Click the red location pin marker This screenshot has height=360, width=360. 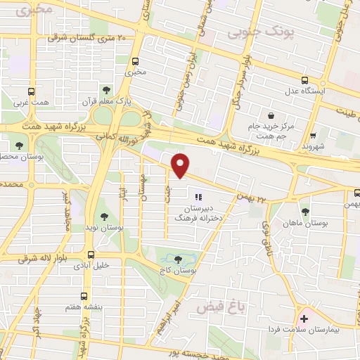[x=181, y=166]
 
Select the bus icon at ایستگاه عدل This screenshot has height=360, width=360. [x=304, y=80]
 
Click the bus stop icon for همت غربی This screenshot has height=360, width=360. [x=32, y=91]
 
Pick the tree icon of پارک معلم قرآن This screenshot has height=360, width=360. [x=105, y=90]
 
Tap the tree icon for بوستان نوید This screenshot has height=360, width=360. [x=103, y=217]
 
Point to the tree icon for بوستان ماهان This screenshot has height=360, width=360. [x=304, y=210]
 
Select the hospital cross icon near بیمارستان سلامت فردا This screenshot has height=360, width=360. [x=304, y=318]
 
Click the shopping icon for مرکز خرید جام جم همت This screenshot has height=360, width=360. [x=271, y=115]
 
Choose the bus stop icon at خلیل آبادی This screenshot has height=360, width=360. [x=91, y=255]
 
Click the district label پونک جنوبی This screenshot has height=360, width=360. [x=313, y=32]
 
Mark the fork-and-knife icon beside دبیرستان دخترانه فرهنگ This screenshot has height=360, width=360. [x=199, y=198]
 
